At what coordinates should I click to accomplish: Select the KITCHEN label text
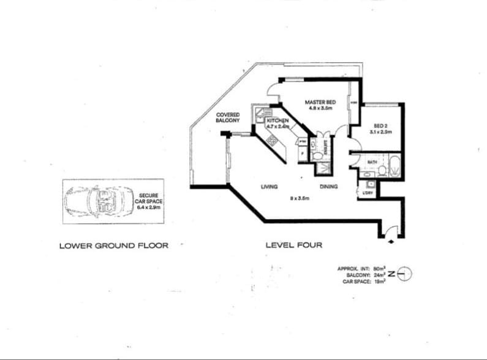coord(277,121)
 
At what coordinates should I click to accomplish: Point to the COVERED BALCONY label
coord(227,118)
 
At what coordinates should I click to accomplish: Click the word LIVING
coord(270,186)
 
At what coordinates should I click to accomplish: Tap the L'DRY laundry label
coord(368,193)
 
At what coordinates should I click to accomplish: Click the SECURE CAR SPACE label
coord(148,200)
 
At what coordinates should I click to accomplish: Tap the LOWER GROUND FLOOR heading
coord(113,246)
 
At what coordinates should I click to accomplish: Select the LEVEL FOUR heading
coord(293,246)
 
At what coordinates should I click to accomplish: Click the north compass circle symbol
coord(406,274)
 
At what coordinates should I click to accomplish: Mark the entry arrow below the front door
coord(391,242)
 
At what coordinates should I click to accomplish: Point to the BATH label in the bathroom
coord(371,162)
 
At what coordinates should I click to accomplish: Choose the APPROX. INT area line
coord(365,268)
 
